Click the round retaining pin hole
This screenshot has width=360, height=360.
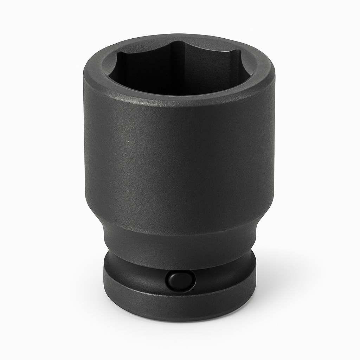point(180,280)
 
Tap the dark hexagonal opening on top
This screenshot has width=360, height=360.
point(179,70)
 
